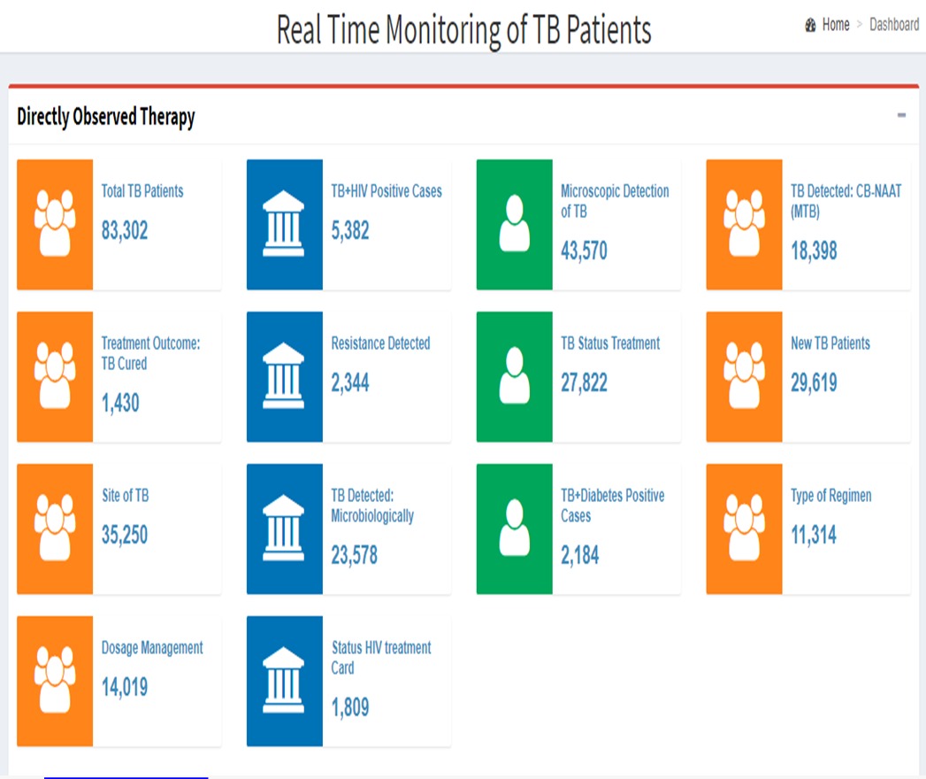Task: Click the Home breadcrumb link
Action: (835, 25)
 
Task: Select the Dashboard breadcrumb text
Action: (894, 25)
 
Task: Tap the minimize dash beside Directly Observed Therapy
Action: (901, 115)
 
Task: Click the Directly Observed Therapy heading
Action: (106, 117)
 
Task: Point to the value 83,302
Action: (125, 230)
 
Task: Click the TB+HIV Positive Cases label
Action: (386, 191)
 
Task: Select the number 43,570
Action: (584, 251)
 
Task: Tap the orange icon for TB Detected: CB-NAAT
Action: (744, 225)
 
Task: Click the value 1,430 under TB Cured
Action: (120, 403)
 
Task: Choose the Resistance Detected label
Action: (380, 343)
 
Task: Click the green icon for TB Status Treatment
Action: (515, 376)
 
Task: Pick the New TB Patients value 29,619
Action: (814, 383)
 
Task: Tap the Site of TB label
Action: (126, 496)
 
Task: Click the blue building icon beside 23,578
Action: (285, 529)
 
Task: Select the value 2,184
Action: (580, 556)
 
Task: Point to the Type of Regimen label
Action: (830, 496)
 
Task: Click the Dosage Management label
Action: (152, 648)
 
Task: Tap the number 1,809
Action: (350, 707)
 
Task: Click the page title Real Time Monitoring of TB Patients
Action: (464, 30)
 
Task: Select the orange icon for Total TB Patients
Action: (55, 225)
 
